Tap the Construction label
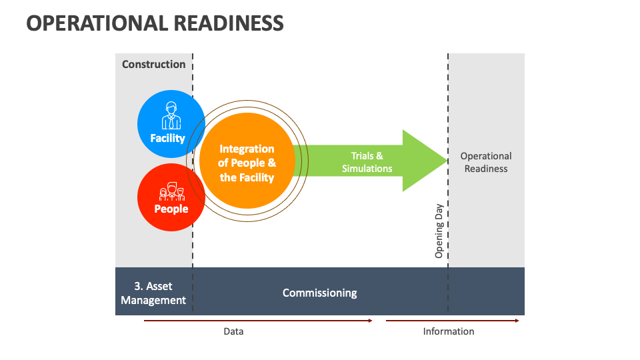click(x=153, y=64)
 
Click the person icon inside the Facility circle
click(x=171, y=115)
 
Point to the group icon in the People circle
click(x=171, y=192)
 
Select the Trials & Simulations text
click(x=367, y=162)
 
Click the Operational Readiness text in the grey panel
click(x=486, y=162)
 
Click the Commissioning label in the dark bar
click(x=319, y=293)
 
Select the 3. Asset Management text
click(x=153, y=293)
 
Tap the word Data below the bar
click(x=233, y=331)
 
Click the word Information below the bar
click(x=449, y=331)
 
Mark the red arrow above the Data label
click(x=258, y=321)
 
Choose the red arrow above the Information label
click(x=452, y=321)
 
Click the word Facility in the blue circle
click(x=167, y=138)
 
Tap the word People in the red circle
click(x=171, y=209)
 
